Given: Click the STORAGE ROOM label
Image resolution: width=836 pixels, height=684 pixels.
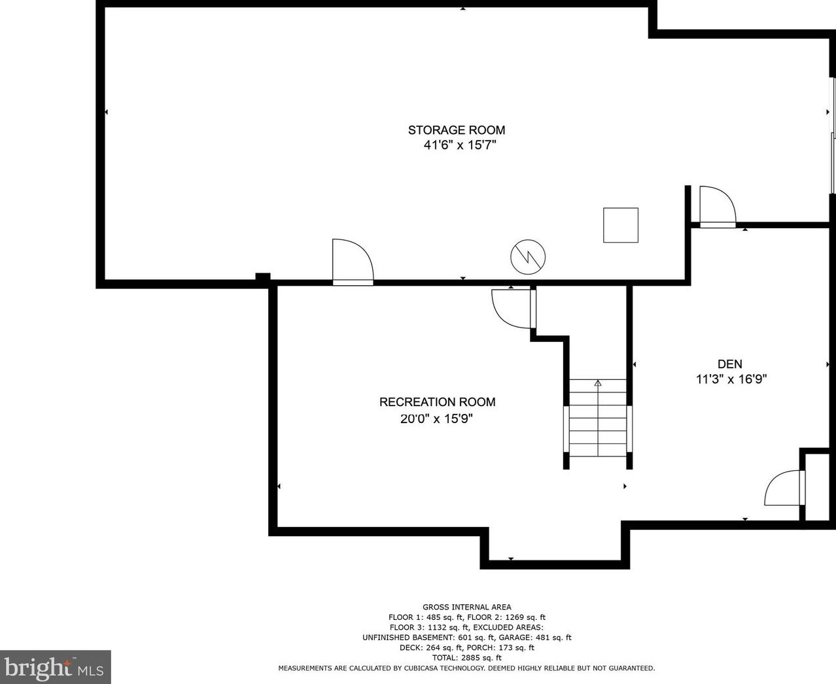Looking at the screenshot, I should [x=457, y=130].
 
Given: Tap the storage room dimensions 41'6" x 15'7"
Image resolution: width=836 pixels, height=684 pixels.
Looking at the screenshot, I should [x=460, y=145].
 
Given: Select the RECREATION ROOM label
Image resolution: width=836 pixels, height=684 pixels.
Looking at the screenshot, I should [x=437, y=402].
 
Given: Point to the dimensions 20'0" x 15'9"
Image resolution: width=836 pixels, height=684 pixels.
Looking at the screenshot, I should [x=436, y=419].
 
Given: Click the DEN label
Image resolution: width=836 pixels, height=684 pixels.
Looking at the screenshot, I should [x=730, y=364].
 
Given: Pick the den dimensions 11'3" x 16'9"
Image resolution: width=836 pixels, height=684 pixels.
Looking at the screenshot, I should [x=731, y=379].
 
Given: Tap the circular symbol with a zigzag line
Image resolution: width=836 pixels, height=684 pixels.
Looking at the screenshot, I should [x=528, y=257].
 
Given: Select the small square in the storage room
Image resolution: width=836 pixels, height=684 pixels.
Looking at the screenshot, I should [x=620, y=225].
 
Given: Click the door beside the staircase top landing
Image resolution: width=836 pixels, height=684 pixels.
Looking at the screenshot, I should [x=514, y=308].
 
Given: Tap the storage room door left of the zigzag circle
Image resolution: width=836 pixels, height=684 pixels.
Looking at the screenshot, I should [x=353, y=262].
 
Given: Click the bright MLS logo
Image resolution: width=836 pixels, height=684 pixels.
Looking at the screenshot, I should [x=55, y=667].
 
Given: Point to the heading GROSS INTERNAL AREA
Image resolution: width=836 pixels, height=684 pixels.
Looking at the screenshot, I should [x=467, y=607].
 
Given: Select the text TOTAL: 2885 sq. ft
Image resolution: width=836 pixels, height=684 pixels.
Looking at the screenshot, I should [x=467, y=658].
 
